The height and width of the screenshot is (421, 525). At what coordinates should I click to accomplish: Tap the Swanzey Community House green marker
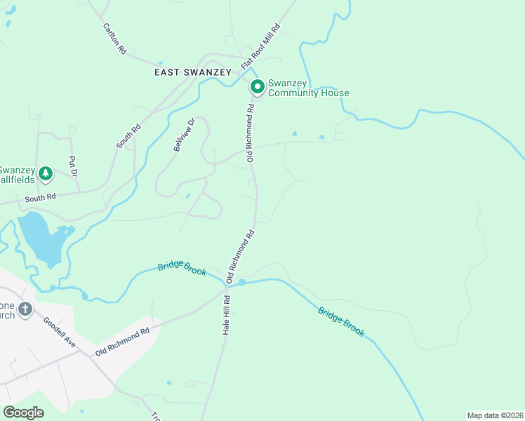[258, 87]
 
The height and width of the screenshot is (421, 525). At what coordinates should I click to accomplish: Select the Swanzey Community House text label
[308, 88]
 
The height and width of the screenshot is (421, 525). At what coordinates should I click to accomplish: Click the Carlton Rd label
[114, 39]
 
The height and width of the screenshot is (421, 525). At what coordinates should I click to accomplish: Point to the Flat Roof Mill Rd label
[260, 46]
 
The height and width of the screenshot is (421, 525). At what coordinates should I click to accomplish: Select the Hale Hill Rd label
[227, 314]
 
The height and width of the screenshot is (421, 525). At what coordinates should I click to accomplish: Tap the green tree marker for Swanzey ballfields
[46, 173]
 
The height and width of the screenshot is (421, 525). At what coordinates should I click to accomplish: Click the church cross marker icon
[25, 309]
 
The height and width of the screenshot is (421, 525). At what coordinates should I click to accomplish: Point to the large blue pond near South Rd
[41, 239]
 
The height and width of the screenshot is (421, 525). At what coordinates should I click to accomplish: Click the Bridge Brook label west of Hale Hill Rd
[182, 267]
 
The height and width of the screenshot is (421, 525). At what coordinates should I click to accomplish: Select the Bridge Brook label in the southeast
[341, 321]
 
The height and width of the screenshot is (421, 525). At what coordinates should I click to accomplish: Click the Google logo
[24, 413]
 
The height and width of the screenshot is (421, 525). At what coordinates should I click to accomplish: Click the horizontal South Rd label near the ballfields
[39, 199]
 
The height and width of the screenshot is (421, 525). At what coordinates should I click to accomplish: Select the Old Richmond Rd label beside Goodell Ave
[124, 341]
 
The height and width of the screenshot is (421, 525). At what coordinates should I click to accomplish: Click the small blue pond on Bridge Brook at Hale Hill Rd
[241, 283]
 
